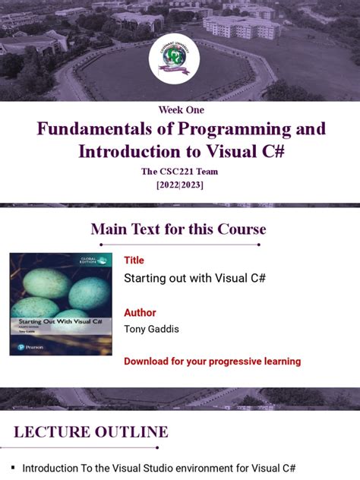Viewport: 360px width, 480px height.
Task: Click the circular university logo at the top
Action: [179, 61]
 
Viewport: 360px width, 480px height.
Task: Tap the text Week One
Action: [180, 110]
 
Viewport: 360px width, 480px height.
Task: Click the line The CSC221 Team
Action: [180, 171]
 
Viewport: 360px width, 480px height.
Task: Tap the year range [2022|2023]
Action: [180, 185]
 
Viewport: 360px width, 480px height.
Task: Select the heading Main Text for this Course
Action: [178, 229]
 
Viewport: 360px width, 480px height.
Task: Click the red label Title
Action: [134, 261]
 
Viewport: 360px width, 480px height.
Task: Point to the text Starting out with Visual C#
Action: [194, 278]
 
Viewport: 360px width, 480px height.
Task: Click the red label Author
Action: [140, 312]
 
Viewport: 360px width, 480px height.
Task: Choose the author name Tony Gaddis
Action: [152, 328]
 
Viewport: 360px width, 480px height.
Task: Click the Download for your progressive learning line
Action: [212, 362]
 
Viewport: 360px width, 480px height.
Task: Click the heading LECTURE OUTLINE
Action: [91, 432]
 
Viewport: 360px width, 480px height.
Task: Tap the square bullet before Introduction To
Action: [12, 468]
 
